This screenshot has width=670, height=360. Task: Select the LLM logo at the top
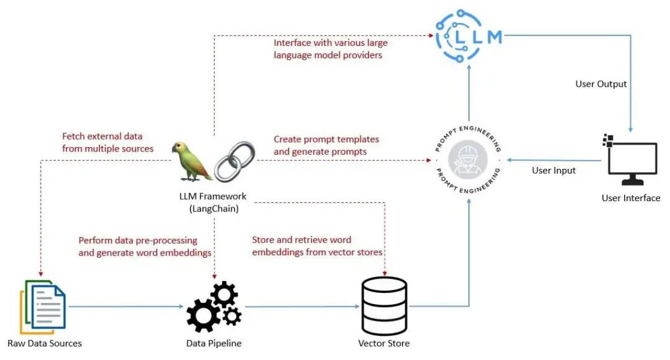point(468,37)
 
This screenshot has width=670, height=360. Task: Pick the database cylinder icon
point(383,306)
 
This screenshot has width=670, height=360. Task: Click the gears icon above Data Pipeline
point(214,306)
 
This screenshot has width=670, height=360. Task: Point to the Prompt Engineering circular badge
point(468,159)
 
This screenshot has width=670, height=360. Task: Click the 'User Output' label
point(601,84)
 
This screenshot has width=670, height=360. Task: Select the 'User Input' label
point(553,170)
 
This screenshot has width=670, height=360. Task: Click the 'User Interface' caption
point(630,198)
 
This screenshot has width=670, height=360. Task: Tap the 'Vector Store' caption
point(383,343)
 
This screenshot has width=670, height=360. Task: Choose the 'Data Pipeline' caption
point(214,343)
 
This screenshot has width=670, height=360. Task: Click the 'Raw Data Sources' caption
point(44,343)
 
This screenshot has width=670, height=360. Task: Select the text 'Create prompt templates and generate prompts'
point(326,145)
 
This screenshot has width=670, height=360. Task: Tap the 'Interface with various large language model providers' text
point(330,49)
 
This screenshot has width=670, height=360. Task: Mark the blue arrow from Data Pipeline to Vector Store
point(301,306)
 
